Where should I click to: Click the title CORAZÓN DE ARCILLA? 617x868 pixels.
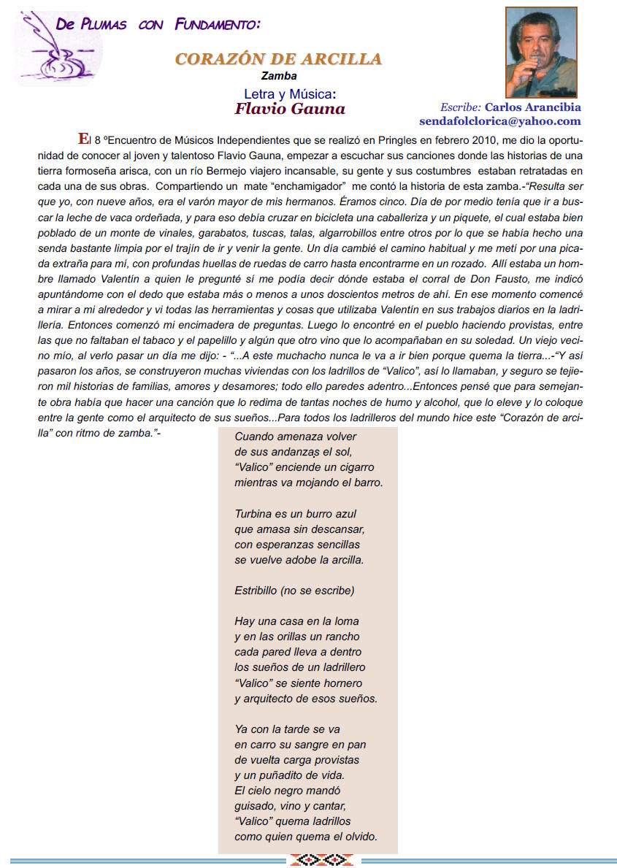(x=278, y=59)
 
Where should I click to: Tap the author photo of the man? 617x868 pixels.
(x=541, y=53)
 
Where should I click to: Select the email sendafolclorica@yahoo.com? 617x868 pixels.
(x=499, y=121)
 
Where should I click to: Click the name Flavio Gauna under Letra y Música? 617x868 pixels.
(x=290, y=109)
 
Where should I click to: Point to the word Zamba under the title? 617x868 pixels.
(x=279, y=75)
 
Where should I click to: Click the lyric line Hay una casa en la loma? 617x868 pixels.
(x=296, y=621)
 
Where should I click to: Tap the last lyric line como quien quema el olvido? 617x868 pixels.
(x=305, y=837)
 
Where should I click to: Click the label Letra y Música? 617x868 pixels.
(x=289, y=93)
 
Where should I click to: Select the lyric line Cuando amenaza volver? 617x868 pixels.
(x=285, y=437)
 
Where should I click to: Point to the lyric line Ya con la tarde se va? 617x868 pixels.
(x=287, y=729)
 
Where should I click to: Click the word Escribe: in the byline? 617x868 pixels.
(x=460, y=107)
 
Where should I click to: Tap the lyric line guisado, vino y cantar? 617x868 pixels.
(x=290, y=806)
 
